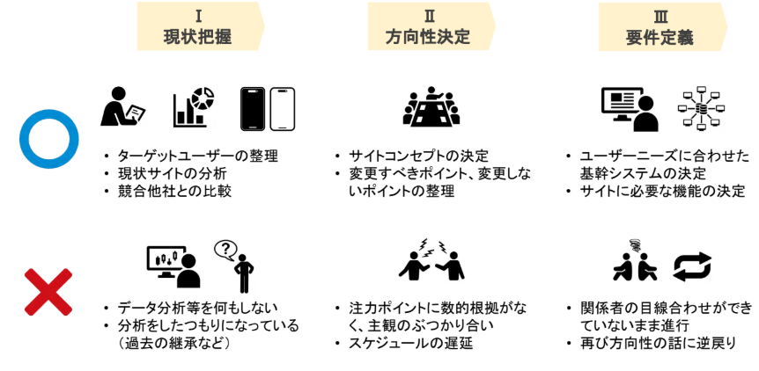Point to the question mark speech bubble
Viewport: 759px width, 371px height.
pos(226,251)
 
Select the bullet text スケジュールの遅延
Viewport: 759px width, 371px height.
pos(410,342)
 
